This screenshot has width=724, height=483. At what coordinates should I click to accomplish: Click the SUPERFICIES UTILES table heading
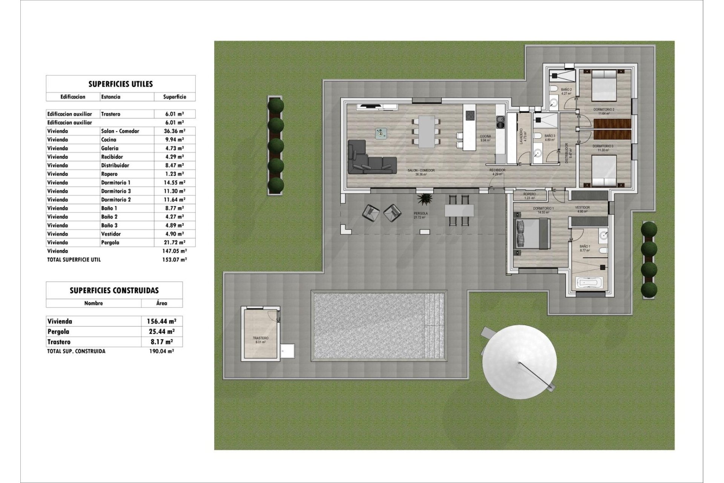pyautogui.click(x=120, y=84)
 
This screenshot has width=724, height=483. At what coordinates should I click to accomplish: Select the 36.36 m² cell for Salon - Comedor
pyautogui.click(x=174, y=131)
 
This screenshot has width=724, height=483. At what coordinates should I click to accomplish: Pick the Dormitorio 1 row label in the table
pyautogui.click(x=116, y=182)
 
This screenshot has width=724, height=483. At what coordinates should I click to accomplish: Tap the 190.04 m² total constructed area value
pyautogui.click(x=161, y=351)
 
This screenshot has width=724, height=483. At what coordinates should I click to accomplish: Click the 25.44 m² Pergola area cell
pyautogui.click(x=161, y=332)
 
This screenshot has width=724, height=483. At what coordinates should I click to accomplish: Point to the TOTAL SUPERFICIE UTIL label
pyautogui.click(x=74, y=260)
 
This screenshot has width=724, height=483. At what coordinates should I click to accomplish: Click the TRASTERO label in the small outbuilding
pyautogui.click(x=261, y=338)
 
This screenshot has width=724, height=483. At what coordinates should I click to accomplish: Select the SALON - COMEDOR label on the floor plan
pyautogui.click(x=421, y=171)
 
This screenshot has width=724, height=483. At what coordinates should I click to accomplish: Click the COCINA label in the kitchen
pyautogui.click(x=485, y=136)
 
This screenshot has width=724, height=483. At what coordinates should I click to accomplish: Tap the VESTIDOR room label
pyautogui.click(x=582, y=208)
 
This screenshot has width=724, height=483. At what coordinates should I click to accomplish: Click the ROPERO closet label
pyautogui.click(x=529, y=194)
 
